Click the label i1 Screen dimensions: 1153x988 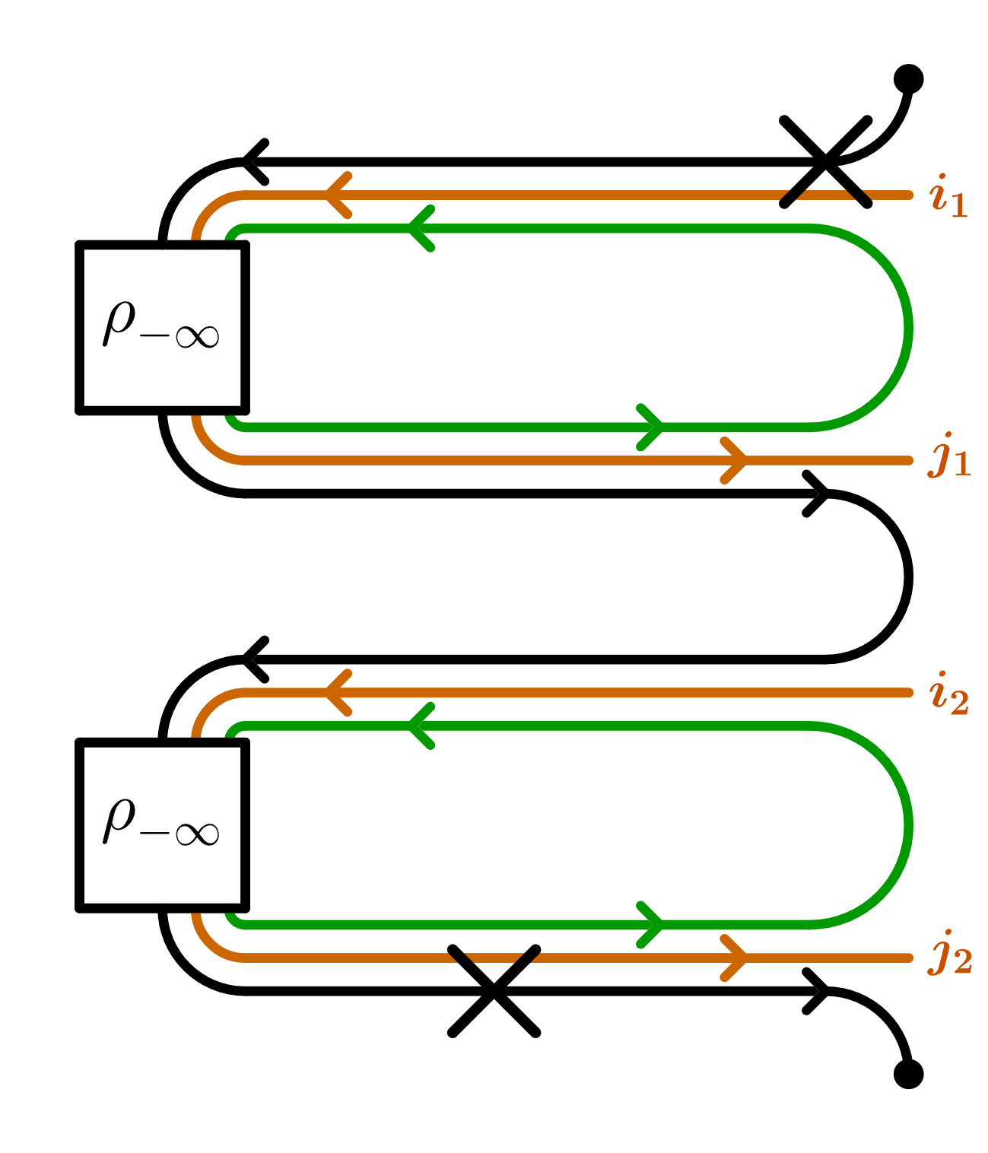(948, 196)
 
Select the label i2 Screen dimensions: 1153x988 (948, 694)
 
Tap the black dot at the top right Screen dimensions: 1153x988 (908, 78)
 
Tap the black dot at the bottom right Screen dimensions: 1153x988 (908, 1074)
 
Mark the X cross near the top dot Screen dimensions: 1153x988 (826, 162)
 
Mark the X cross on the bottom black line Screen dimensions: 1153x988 (494, 991)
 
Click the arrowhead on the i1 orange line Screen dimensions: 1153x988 (338, 195)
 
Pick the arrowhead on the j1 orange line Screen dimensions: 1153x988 (735, 460)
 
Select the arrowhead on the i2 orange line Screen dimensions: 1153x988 (338, 693)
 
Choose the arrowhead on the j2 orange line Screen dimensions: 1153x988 (735, 958)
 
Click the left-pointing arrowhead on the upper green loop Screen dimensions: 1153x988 (421, 228)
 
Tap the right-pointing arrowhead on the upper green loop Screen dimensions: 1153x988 (651, 427)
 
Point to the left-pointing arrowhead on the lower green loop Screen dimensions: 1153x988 (421, 726)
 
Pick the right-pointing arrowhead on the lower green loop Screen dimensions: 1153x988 (651, 925)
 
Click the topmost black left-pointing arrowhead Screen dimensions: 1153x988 (255, 162)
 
